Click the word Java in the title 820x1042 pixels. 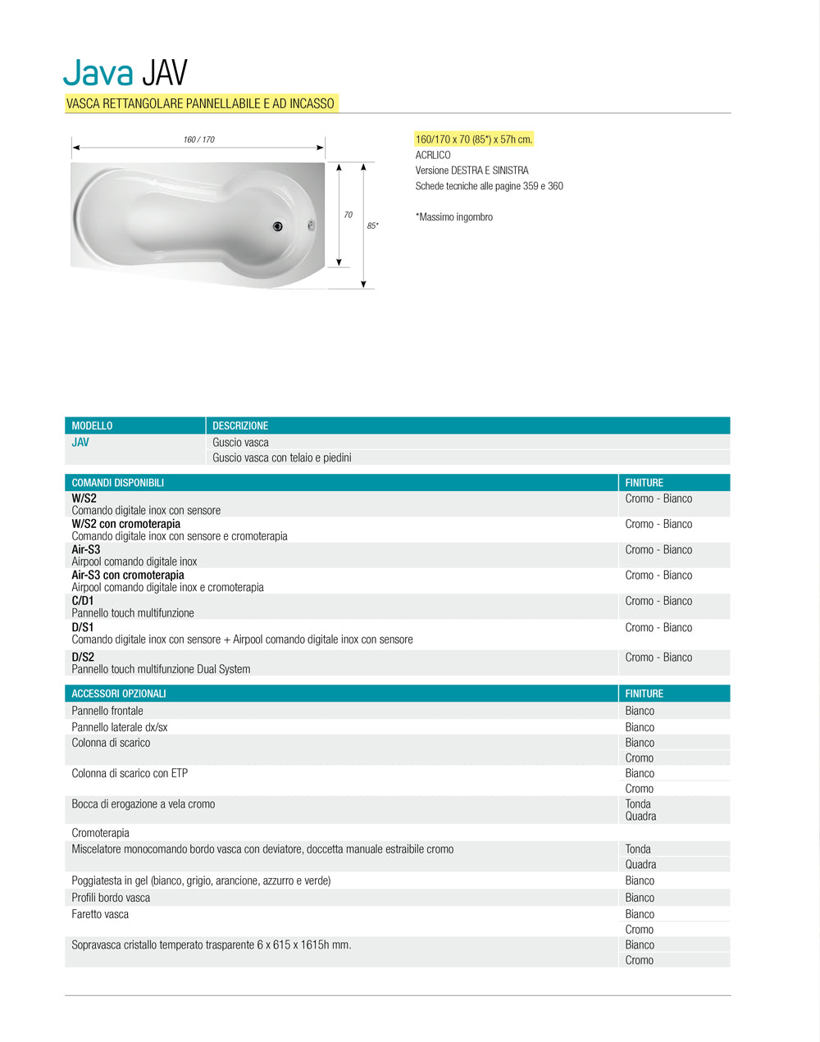click(98, 72)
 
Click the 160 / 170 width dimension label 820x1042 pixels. click(198, 139)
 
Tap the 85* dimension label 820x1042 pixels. click(372, 225)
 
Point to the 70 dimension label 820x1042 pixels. click(348, 215)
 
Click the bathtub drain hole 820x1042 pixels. click(277, 226)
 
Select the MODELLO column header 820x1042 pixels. click(92, 425)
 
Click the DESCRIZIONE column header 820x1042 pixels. click(240, 425)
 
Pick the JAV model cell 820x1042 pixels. click(80, 443)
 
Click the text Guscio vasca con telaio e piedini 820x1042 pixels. click(281, 457)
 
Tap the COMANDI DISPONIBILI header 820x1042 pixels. click(117, 483)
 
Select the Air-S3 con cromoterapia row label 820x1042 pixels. click(128, 575)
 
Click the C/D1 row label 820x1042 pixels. click(83, 601)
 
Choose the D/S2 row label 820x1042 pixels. click(83, 657)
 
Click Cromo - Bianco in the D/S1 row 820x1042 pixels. click(658, 627)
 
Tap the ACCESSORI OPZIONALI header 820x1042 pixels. click(118, 694)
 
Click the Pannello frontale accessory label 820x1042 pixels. click(107, 711)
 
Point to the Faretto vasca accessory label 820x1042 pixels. click(100, 914)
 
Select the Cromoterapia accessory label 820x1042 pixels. click(100, 833)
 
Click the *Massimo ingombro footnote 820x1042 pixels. click(453, 217)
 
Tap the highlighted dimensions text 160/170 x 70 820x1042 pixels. click(474, 139)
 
